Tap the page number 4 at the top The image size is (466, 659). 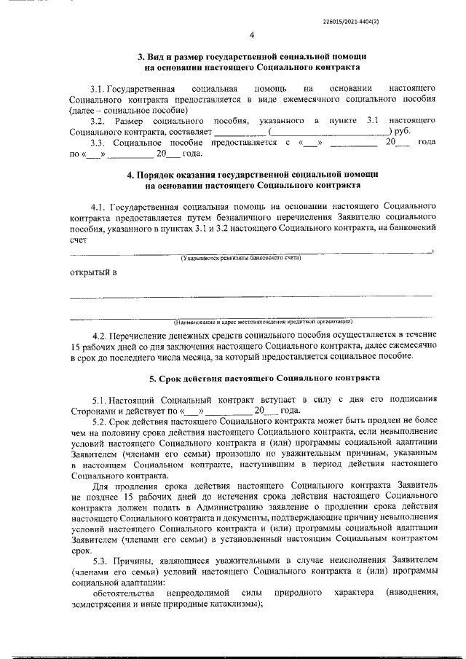[251, 35]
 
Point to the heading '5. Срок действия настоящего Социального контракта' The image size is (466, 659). [251, 379]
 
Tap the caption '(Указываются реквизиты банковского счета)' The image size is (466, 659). [241, 258]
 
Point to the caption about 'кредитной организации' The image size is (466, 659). [263, 320]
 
